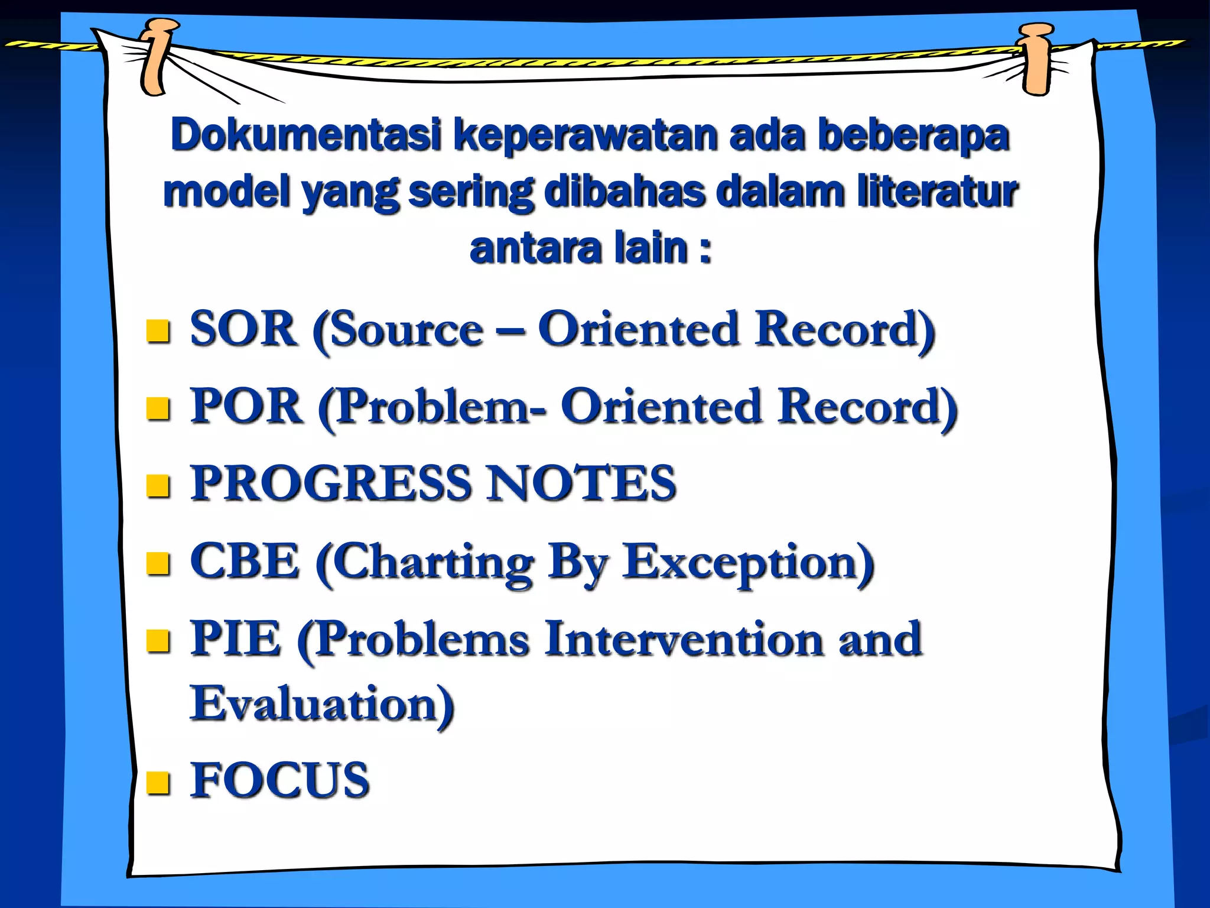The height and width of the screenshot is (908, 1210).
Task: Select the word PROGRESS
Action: [331, 484]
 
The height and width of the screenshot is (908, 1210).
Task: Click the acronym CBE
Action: [245, 561]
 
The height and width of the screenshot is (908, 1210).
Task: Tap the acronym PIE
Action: [235, 639]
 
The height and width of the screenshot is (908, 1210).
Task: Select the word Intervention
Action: [683, 639]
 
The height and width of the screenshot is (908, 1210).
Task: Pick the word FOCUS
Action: [279, 780]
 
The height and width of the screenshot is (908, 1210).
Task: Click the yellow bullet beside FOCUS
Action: [158, 783]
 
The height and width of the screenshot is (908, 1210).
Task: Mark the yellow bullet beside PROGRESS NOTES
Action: [158, 486]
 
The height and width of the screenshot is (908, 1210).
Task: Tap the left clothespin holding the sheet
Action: [157, 56]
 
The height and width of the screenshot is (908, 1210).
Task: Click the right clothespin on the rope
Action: [1037, 59]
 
